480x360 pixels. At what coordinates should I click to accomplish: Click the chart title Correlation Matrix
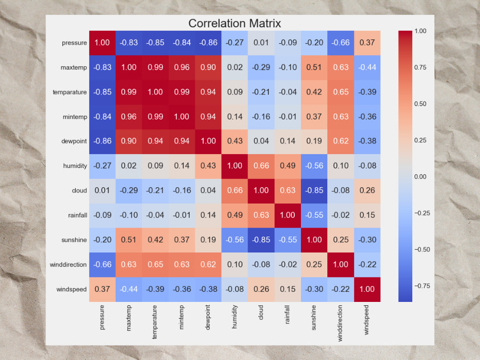pyautogui.click(x=235, y=23)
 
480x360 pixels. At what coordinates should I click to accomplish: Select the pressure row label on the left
pyautogui.click(x=74, y=43)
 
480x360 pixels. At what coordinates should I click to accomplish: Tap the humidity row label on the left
pyautogui.click(x=75, y=166)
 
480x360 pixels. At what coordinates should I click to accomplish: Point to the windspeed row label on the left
pyautogui.click(x=72, y=289)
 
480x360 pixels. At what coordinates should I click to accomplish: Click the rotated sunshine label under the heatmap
pyautogui.click(x=313, y=317)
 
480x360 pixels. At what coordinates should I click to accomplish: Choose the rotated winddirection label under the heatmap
pyautogui.click(x=340, y=323)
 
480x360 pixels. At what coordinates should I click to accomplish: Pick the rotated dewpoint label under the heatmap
pyautogui.click(x=208, y=317)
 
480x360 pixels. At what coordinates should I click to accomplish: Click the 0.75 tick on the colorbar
pyautogui.click(x=420, y=67)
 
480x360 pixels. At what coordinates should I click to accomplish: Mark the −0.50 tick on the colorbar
pyautogui.click(x=422, y=250)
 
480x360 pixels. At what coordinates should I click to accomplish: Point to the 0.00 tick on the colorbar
pyautogui.click(x=420, y=177)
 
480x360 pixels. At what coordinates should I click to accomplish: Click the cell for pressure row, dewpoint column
pyautogui.click(x=208, y=43)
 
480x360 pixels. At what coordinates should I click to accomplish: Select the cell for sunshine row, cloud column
pyautogui.click(x=261, y=240)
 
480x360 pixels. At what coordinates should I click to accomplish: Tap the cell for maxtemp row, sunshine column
pyautogui.click(x=314, y=68)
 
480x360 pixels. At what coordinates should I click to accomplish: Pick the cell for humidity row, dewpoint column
pyautogui.click(x=208, y=166)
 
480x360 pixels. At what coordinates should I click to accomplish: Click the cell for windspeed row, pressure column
pyautogui.click(x=102, y=289)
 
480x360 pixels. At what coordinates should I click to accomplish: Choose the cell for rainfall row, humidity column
pyautogui.click(x=235, y=216)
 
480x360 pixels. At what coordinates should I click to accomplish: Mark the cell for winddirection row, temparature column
pyautogui.click(x=155, y=265)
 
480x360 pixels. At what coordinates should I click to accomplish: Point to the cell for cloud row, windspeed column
pyautogui.click(x=367, y=191)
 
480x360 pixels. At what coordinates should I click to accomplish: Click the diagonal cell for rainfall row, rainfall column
pyautogui.click(x=288, y=216)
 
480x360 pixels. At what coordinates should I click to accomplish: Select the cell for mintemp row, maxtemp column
pyautogui.click(x=129, y=117)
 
